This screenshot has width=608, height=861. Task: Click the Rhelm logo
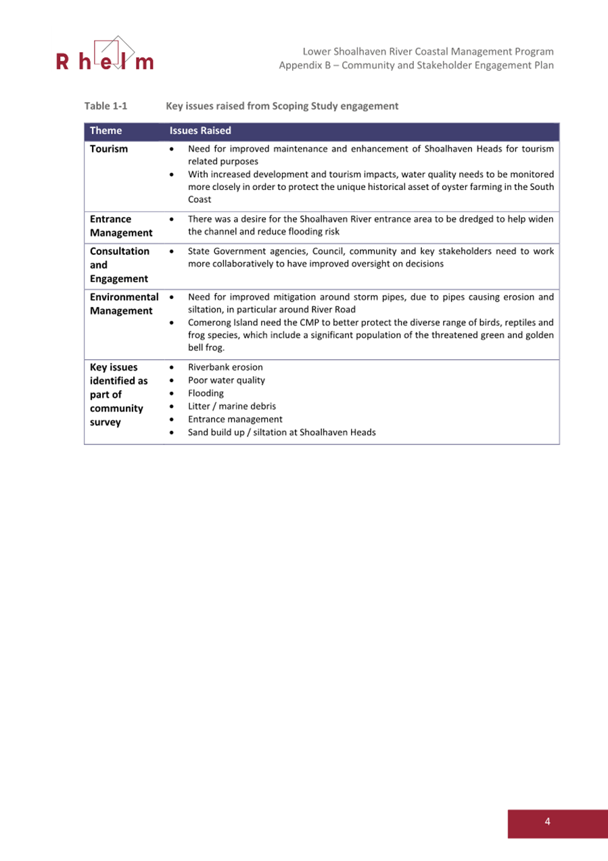tap(105, 55)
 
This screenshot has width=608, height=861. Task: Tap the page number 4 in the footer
tap(547, 821)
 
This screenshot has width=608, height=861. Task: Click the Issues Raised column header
tap(200, 131)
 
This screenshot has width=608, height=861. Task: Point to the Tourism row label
tap(108, 149)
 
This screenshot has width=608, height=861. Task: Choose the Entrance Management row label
tap(120, 226)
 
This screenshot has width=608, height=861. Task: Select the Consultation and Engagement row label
tap(120, 264)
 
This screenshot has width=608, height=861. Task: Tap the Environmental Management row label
tap(124, 303)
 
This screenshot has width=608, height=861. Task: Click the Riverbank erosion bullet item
tap(225, 367)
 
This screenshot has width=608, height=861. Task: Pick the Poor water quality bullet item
tap(226, 380)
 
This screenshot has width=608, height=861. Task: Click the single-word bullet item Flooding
tap(206, 393)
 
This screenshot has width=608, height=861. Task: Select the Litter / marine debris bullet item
tap(231, 406)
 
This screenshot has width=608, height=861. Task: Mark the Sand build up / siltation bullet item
tap(281, 432)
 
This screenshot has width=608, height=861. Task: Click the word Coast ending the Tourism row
tap(200, 200)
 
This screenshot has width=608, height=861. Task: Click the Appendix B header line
tap(417, 66)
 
